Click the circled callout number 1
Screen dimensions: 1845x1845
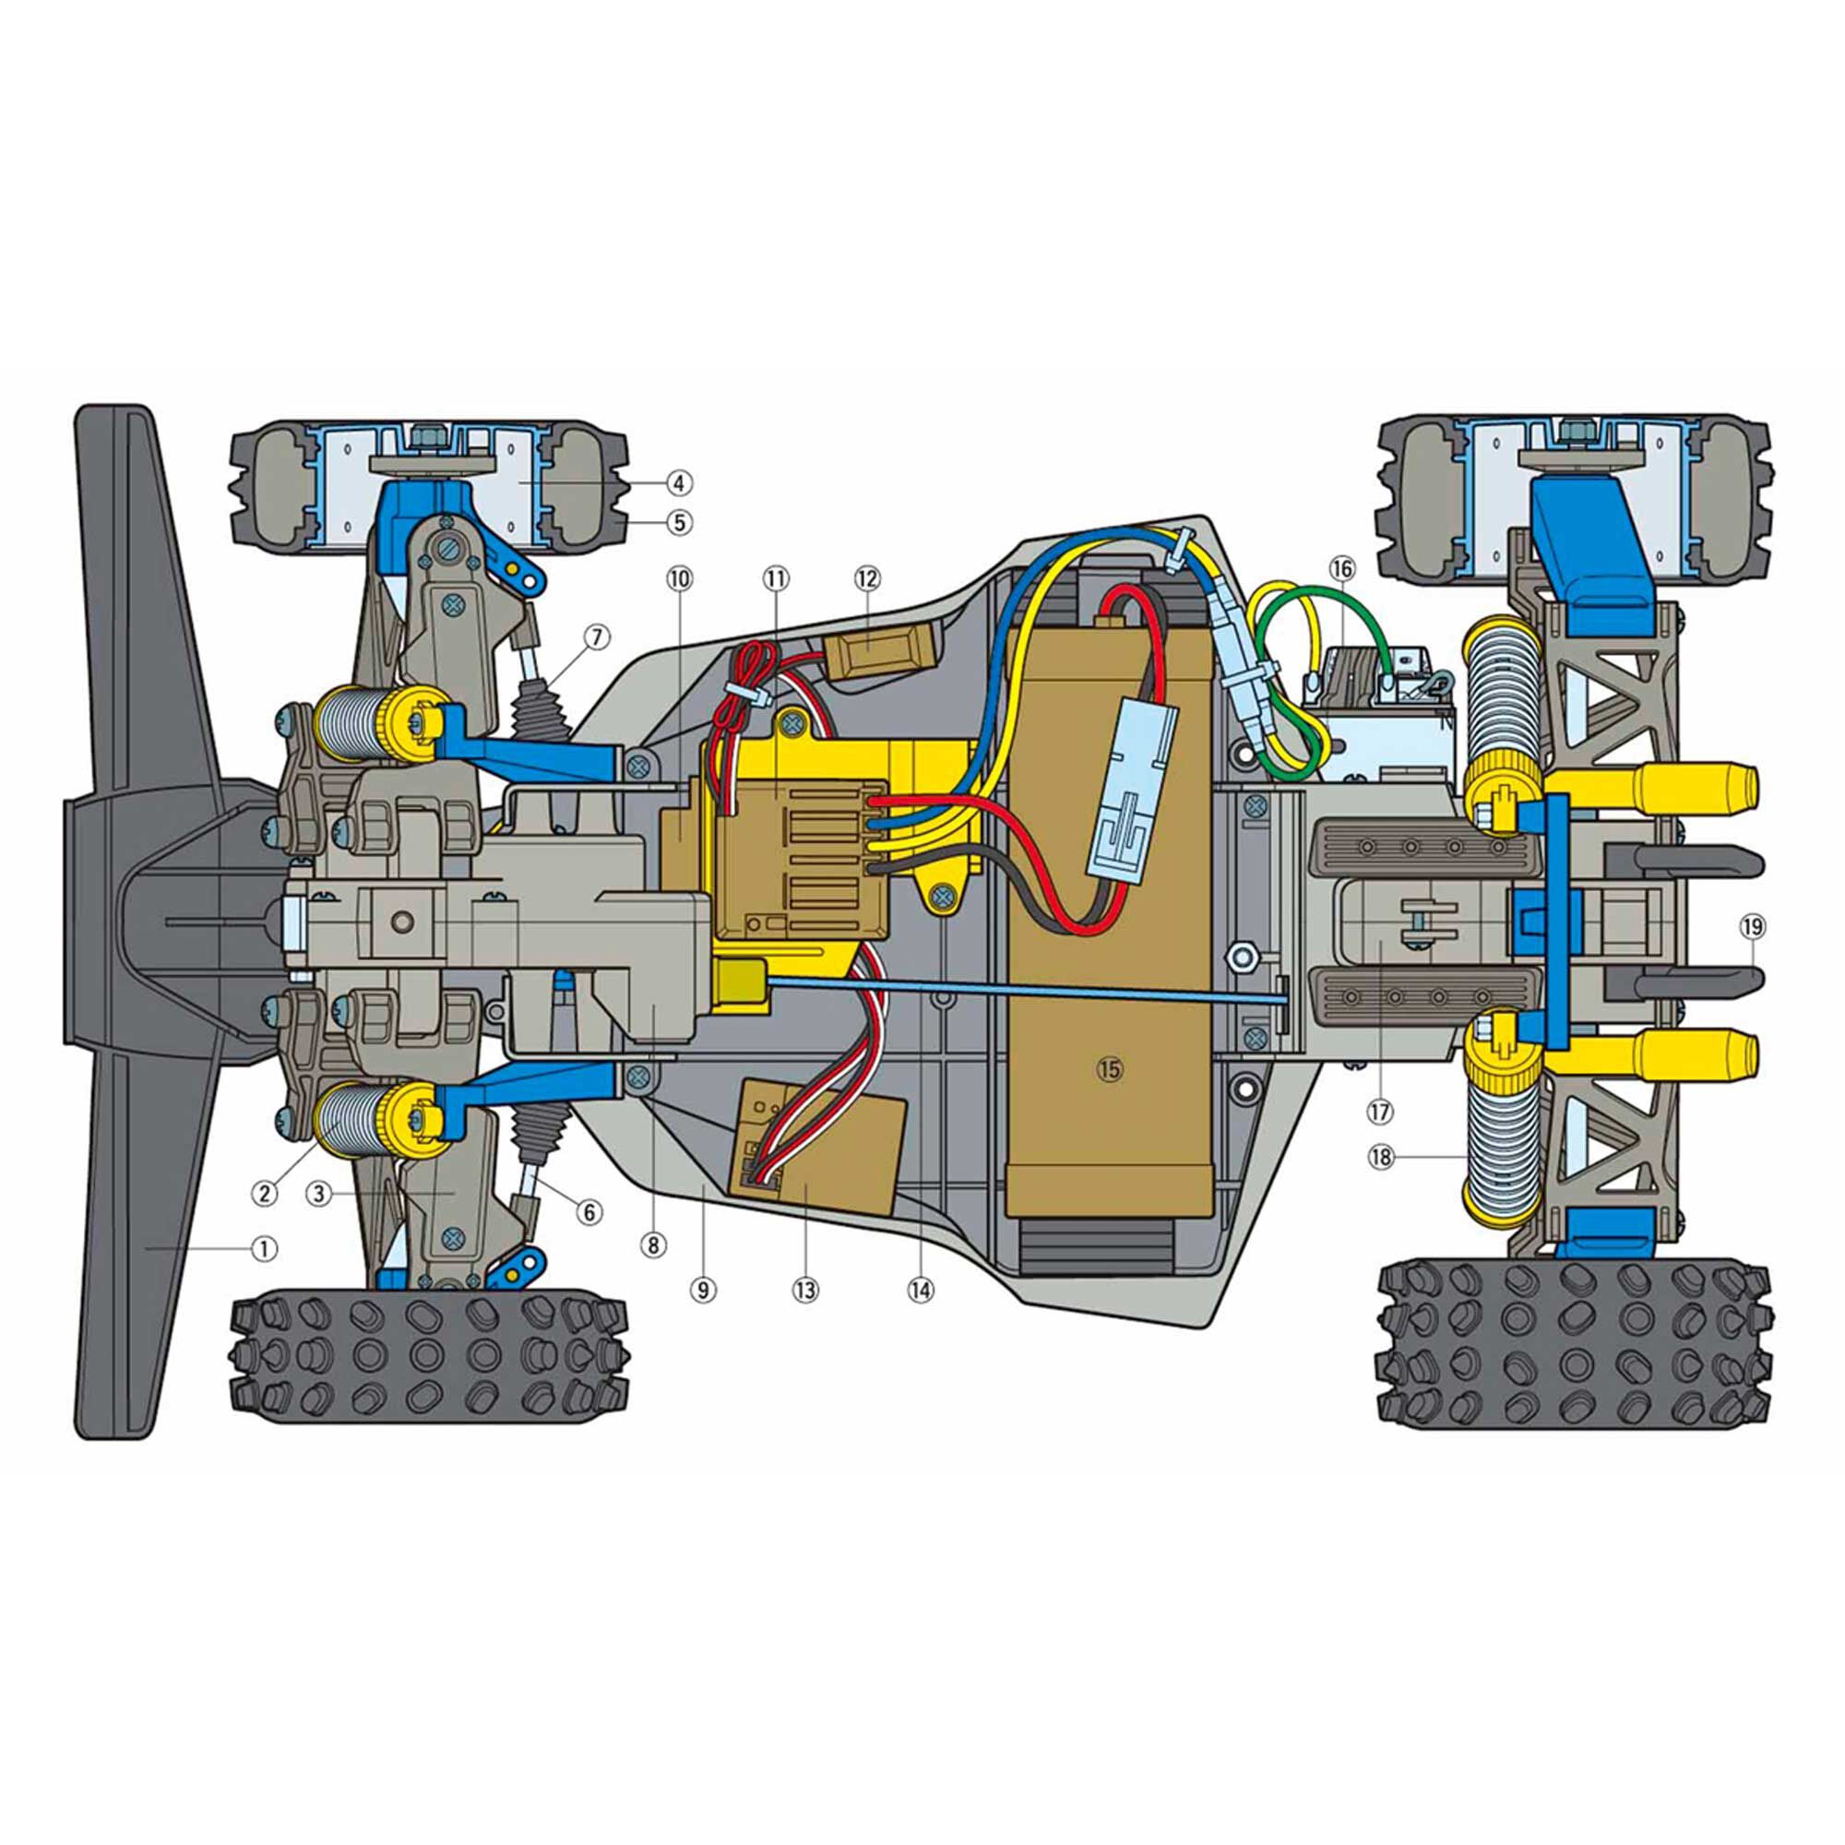(x=265, y=1247)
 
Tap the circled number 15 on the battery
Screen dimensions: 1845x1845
(x=1110, y=1068)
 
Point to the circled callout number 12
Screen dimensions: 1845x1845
(x=866, y=577)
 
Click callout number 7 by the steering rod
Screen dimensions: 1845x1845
(x=596, y=636)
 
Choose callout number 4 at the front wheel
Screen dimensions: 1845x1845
(x=678, y=483)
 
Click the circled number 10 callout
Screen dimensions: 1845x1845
(x=679, y=577)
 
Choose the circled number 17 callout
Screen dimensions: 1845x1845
(x=1381, y=1112)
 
